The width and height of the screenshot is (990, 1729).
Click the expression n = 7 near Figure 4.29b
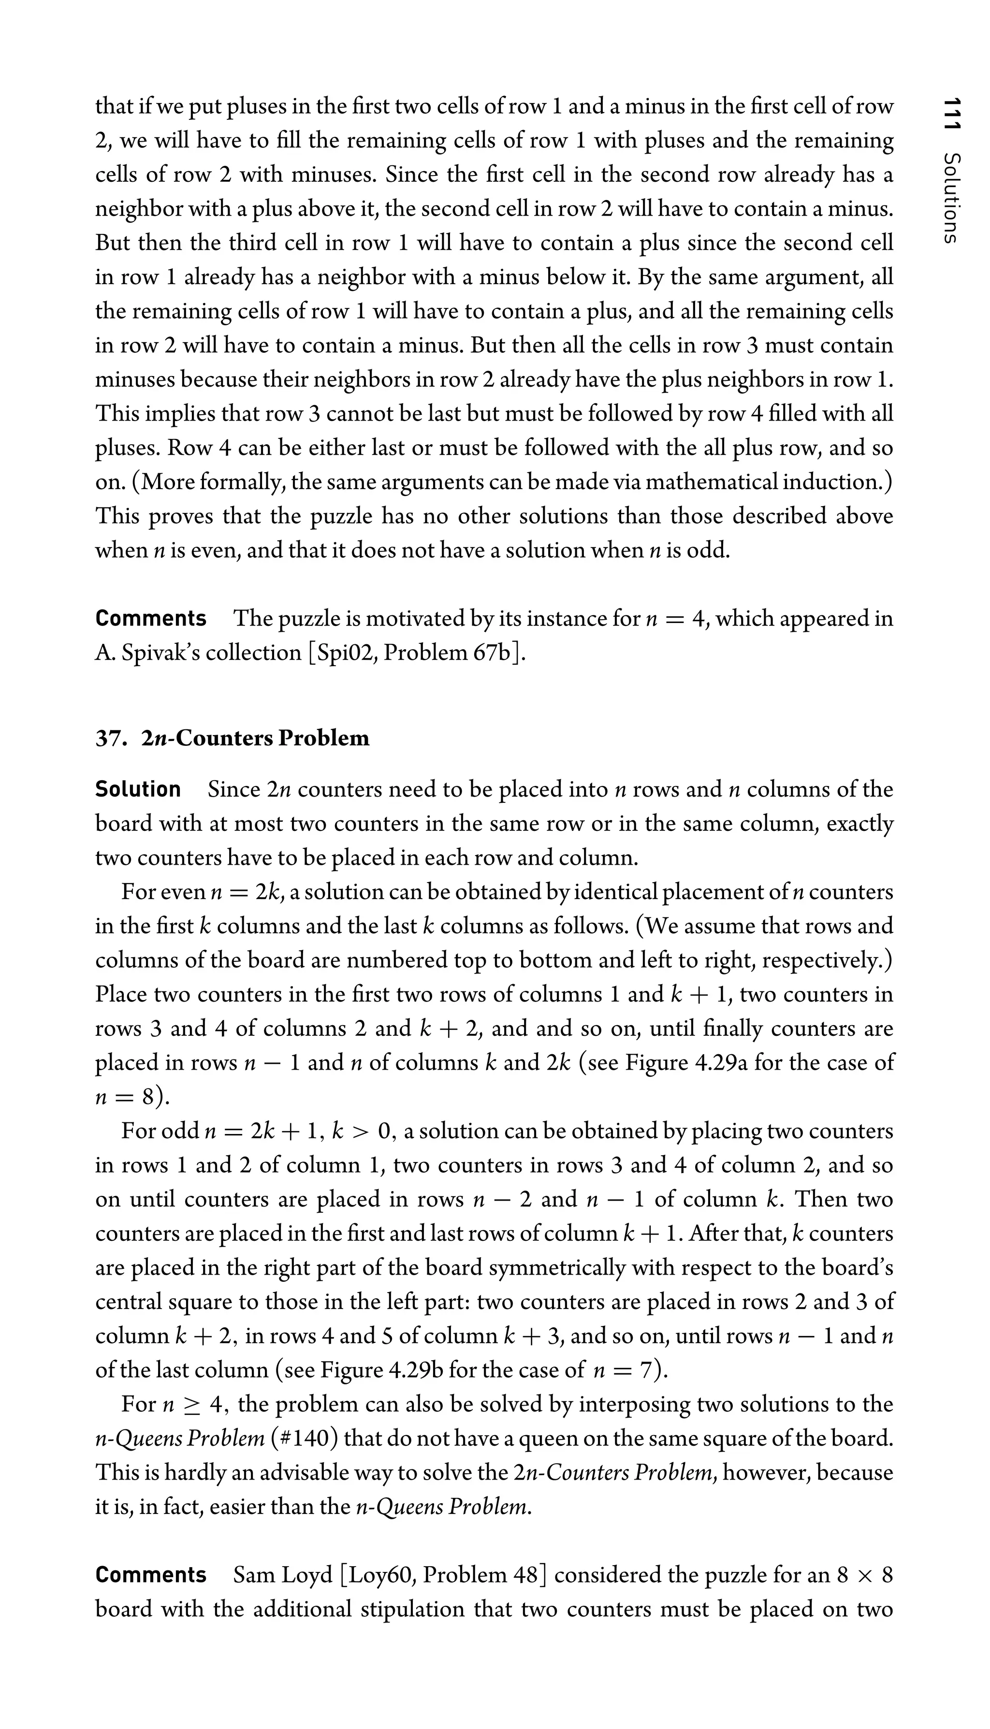point(624,1369)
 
